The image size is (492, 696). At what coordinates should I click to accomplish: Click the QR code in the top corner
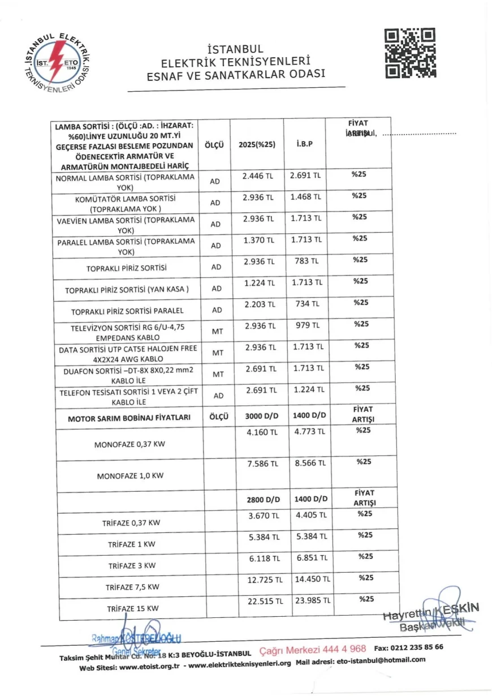click(411, 53)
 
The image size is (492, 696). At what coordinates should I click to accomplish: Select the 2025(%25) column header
click(257, 144)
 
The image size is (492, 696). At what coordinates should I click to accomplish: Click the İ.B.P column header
click(304, 144)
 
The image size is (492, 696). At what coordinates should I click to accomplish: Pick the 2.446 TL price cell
click(257, 176)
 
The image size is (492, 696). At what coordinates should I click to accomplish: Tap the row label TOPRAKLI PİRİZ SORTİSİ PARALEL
click(127, 311)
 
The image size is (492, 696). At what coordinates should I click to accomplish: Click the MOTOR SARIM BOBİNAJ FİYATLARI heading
click(129, 419)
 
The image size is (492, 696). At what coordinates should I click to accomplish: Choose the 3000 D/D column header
click(261, 416)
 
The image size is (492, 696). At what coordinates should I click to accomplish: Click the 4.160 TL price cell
click(261, 432)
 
